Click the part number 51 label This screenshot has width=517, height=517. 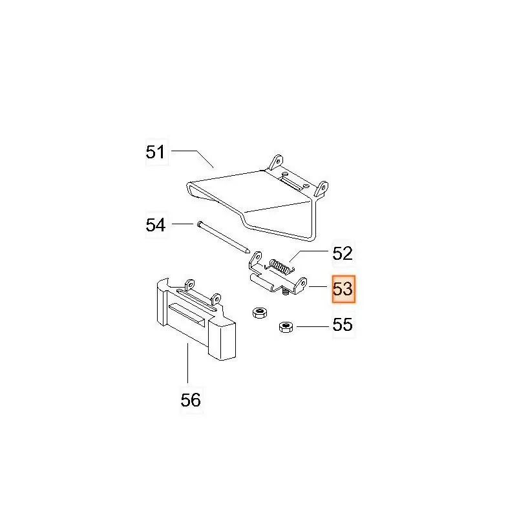155,152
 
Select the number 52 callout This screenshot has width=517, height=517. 343,253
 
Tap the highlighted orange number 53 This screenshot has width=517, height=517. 343,289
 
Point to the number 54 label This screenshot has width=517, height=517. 156,225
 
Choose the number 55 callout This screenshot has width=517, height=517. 343,324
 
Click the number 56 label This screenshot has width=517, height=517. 191,400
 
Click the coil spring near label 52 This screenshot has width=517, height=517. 281,266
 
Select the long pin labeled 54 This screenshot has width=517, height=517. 223,237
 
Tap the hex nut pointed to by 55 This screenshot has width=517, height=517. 286,327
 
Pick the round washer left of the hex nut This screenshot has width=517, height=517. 260,312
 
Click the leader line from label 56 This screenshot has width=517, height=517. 187,363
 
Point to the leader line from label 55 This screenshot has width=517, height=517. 313,327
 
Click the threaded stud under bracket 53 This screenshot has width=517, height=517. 286,291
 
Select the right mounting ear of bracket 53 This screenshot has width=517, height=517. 301,284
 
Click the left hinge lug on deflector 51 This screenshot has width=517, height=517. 277,162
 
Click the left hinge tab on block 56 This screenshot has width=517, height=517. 189,284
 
